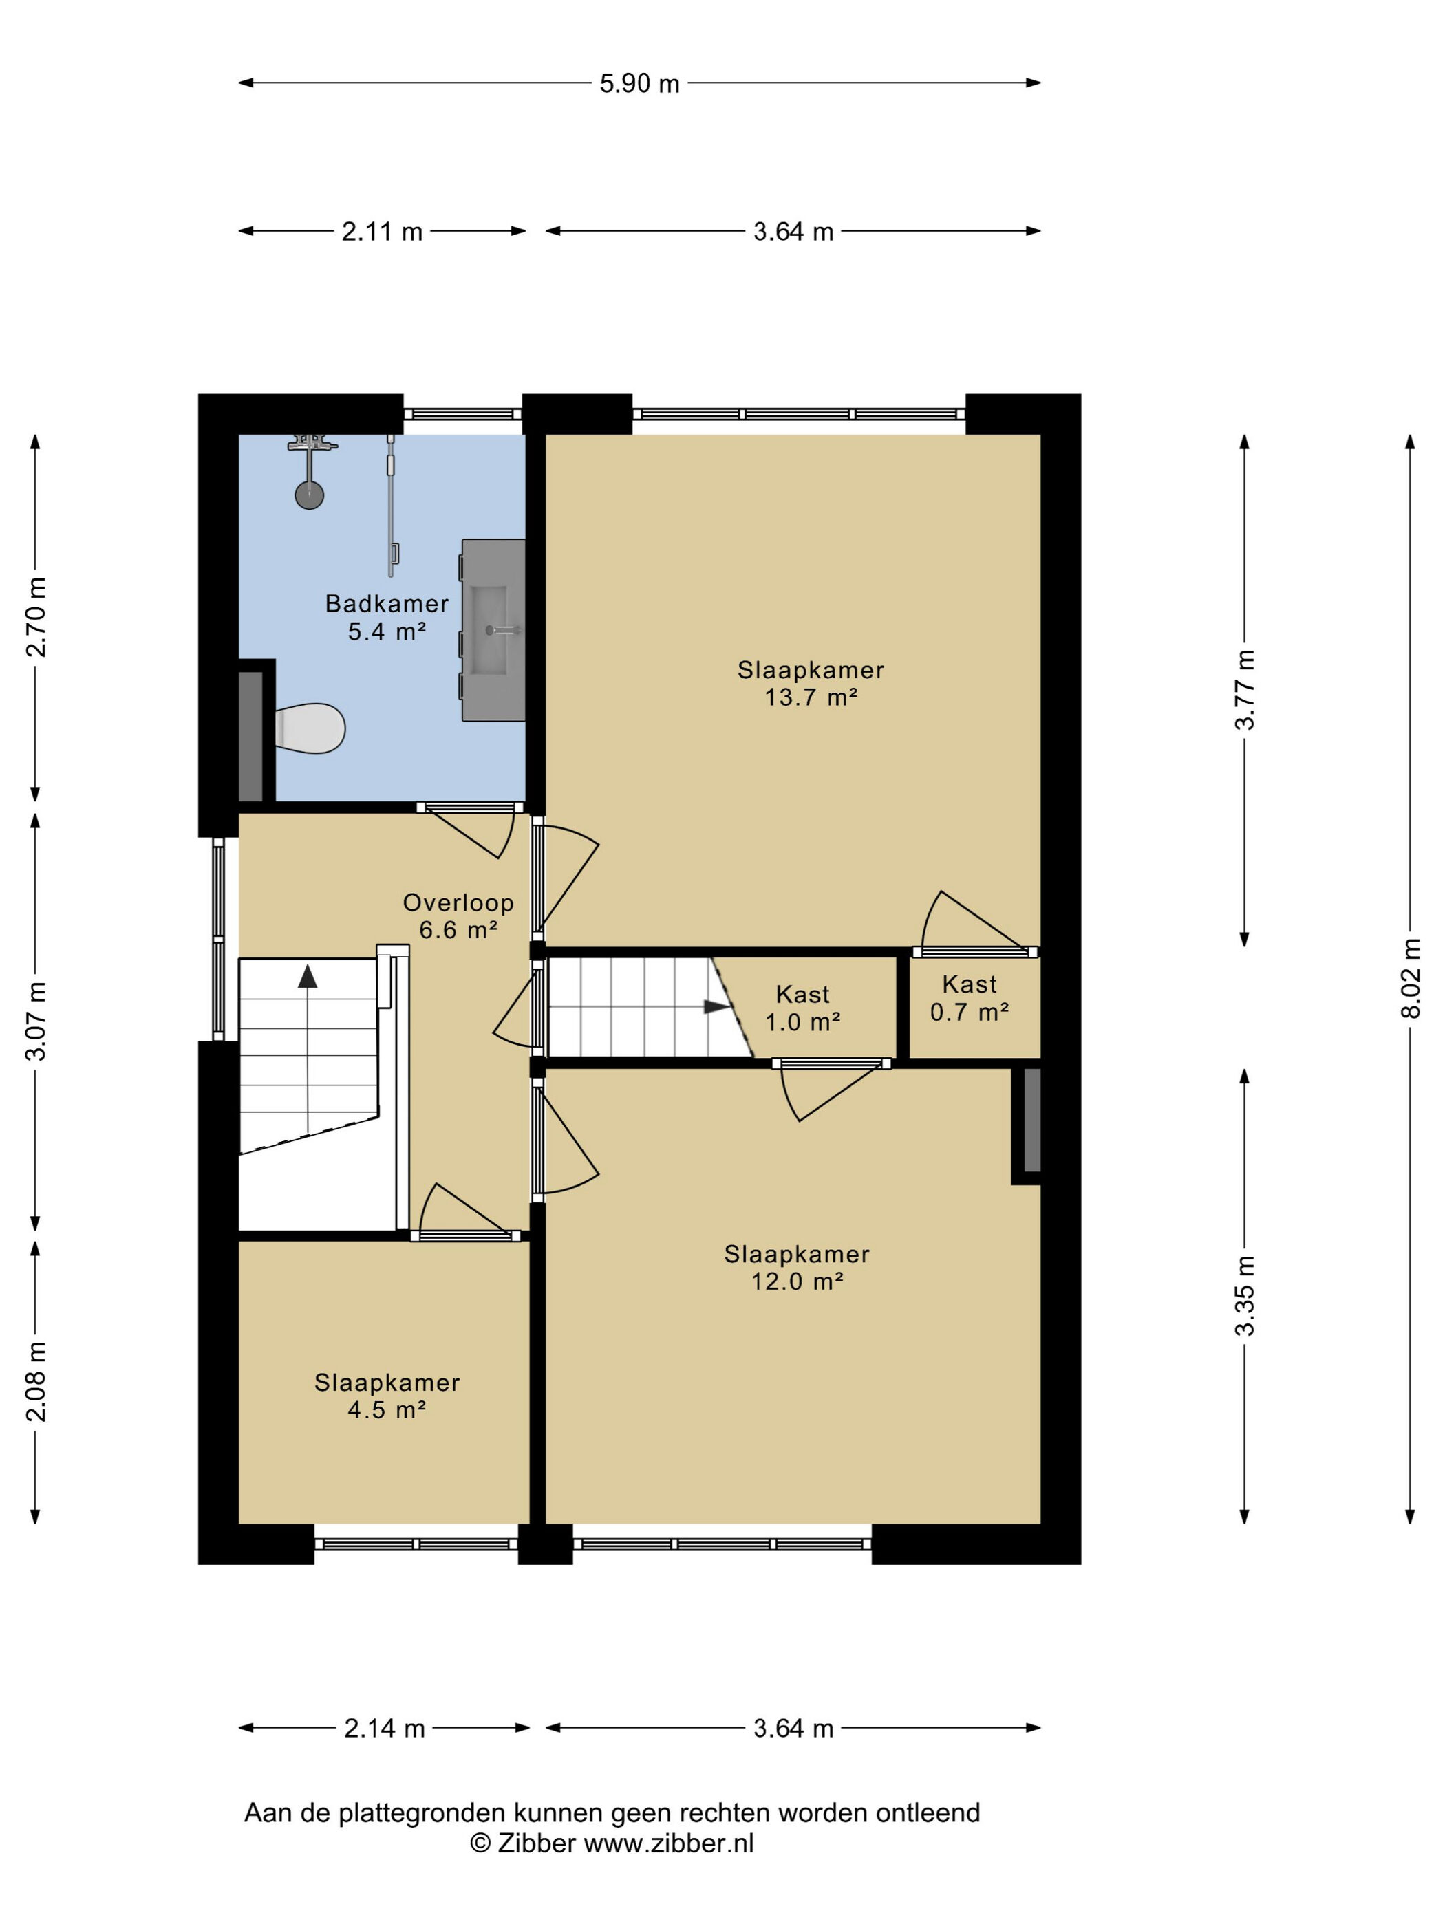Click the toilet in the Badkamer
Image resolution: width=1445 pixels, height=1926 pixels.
point(309,728)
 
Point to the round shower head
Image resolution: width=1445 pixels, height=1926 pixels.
point(309,495)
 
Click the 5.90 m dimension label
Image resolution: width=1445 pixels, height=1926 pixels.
point(639,84)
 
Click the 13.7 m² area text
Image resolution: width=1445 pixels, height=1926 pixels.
point(811,697)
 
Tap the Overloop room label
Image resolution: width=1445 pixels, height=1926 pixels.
point(458,903)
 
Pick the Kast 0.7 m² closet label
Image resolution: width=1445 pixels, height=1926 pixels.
point(970,998)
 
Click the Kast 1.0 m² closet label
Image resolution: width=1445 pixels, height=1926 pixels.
point(802,1008)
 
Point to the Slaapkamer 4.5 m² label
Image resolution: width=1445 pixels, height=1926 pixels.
point(387,1396)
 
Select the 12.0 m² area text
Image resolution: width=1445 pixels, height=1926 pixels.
point(797,1281)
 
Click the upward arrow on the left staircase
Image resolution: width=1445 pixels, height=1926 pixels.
point(308,976)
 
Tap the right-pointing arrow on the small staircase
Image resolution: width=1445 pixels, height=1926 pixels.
point(717,1008)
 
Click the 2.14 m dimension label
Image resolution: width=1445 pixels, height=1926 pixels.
point(384,1729)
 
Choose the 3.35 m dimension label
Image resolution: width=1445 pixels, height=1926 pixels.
point(1245,1297)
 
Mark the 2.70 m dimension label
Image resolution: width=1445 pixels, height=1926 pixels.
point(36,616)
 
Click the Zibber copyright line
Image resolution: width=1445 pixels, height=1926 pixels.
point(612,1843)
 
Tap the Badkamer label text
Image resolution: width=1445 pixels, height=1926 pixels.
point(387,603)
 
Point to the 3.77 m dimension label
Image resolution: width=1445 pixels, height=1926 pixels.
point(1245,690)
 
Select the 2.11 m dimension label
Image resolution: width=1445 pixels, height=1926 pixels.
point(381,232)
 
